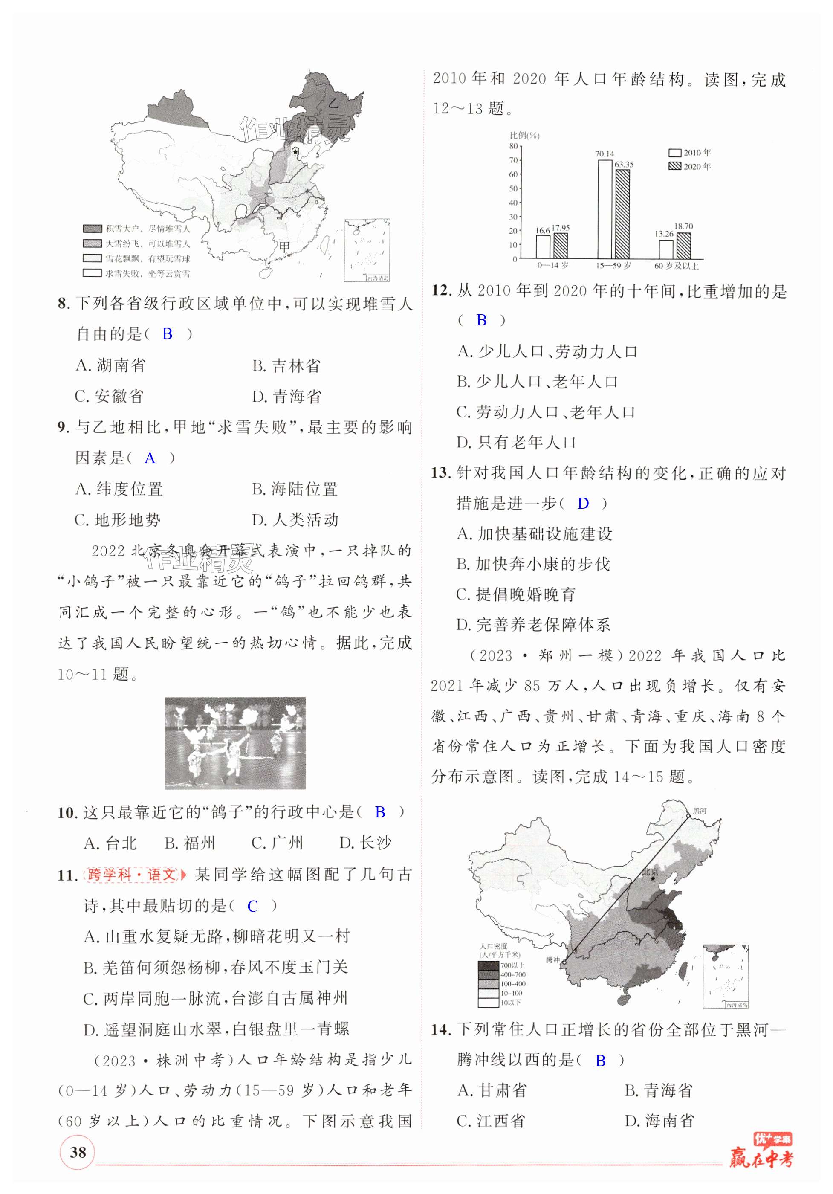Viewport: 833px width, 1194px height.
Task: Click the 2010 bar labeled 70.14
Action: coord(605,209)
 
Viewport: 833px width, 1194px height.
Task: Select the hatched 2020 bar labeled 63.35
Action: coord(622,214)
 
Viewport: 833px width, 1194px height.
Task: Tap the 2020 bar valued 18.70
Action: coord(683,246)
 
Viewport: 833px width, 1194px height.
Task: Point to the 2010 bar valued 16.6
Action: coord(543,247)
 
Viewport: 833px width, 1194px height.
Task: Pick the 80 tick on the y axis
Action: coord(513,147)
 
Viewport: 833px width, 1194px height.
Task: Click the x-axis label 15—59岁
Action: coord(613,266)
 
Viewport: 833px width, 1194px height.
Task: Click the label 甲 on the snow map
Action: coord(284,246)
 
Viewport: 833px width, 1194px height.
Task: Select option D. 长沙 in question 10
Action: coord(365,843)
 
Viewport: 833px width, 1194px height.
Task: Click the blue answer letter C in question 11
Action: coord(253,907)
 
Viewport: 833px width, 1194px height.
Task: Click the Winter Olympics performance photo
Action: coord(235,743)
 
